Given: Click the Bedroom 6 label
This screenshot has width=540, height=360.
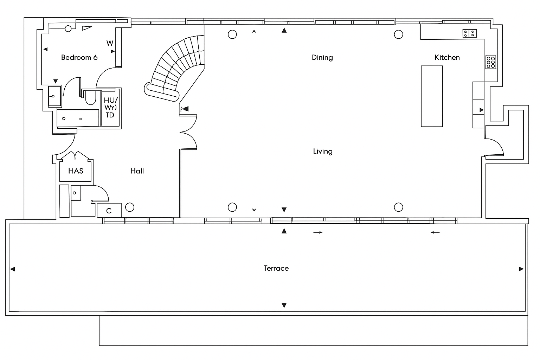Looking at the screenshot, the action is pyautogui.click(x=79, y=57).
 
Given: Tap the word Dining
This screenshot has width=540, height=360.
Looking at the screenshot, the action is pyautogui.click(x=322, y=57).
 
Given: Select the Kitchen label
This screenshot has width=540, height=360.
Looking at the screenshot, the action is pyautogui.click(x=447, y=57).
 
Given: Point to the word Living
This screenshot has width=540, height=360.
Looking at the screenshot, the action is pyautogui.click(x=322, y=151).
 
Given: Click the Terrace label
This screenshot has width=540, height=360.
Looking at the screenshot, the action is pyautogui.click(x=276, y=268).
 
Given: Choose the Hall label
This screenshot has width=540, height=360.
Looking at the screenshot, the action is pyautogui.click(x=137, y=171).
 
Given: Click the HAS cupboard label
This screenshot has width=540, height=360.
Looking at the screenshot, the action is pyautogui.click(x=76, y=171).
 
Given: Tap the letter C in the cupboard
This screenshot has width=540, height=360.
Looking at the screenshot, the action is pyautogui.click(x=109, y=211).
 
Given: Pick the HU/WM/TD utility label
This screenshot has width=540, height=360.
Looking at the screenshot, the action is pyautogui.click(x=110, y=107).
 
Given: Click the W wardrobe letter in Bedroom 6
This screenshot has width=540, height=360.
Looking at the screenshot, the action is pyautogui.click(x=110, y=43).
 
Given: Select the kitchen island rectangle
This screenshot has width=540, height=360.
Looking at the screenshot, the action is pyautogui.click(x=432, y=96).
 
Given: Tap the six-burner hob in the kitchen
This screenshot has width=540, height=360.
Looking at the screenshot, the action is pyautogui.click(x=491, y=62).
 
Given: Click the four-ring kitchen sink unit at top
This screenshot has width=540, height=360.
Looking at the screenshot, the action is pyautogui.click(x=469, y=33).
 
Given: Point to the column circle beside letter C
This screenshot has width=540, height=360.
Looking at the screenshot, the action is pyautogui.click(x=130, y=207).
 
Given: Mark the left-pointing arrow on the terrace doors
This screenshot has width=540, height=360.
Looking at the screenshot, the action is pyautogui.click(x=435, y=232).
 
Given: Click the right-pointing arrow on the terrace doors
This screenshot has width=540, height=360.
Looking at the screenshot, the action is pyautogui.click(x=318, y=232).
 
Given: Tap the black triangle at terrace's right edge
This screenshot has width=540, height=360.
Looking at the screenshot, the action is pyautogui.click(x=521, y=269).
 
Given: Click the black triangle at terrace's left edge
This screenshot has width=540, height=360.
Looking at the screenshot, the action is pyautogui.click(x=13, y=269).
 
